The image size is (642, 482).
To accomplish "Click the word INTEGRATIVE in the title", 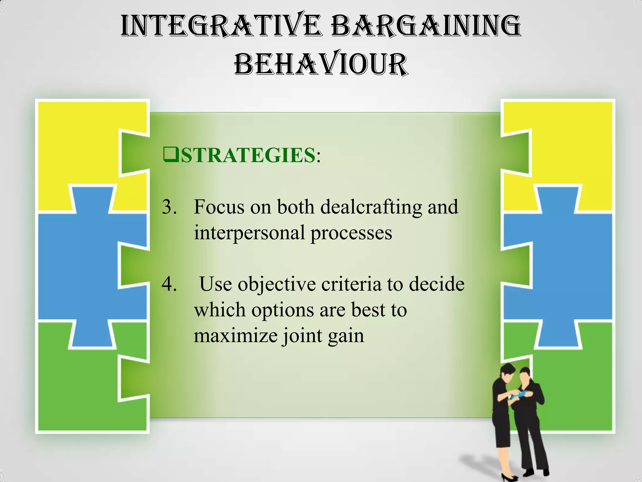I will click(x=221, y=26).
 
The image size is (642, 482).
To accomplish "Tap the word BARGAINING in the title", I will click(x=426, y=26).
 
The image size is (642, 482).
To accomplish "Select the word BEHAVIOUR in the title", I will click(x=321, y=64).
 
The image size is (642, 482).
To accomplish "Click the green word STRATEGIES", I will click(x=248, y=155).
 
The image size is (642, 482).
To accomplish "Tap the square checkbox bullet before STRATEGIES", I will click(x=171, y=154).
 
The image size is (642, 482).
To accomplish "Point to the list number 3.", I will click(x=169, y=207).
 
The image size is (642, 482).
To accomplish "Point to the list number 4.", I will click(x=169, y=284).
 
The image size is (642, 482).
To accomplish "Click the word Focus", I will click(x=219, y=207).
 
